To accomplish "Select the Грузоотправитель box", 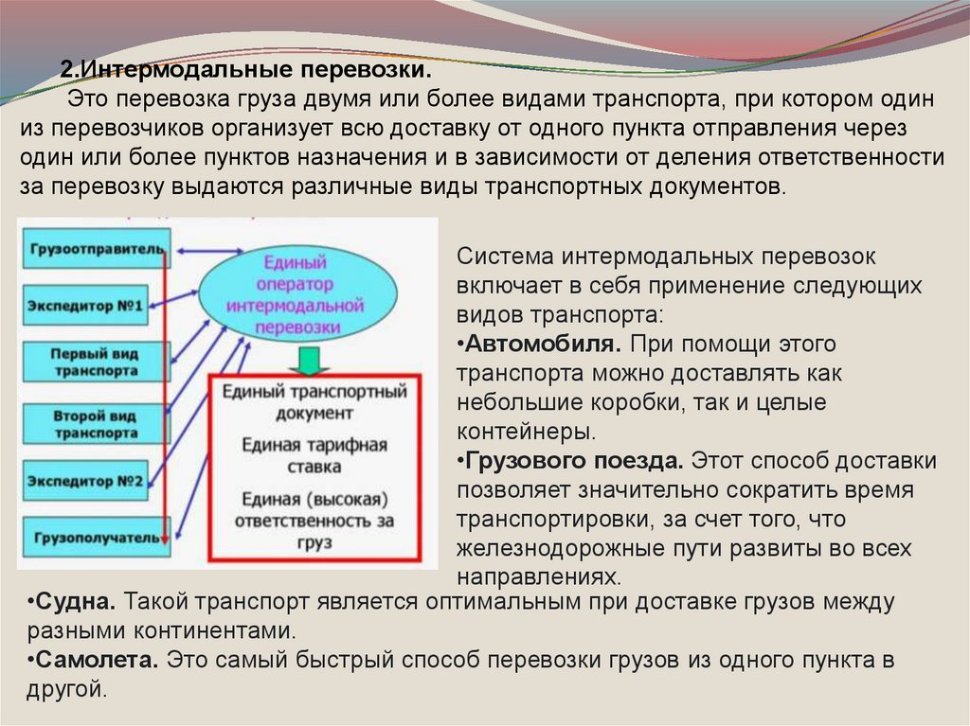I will (94, 249).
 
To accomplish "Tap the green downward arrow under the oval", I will (307, 361).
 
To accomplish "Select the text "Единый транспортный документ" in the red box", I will (314, 401).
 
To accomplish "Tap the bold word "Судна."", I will (74, 601).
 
